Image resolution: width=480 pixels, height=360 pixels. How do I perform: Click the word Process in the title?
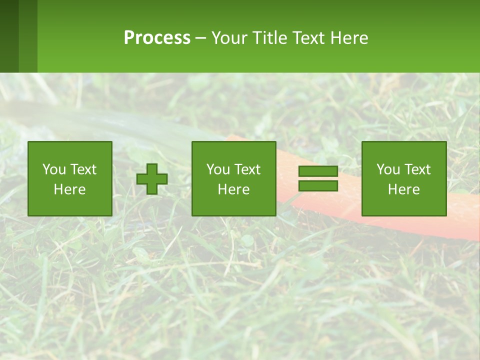[x=157, y=37]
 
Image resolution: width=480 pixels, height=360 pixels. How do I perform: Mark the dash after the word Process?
[x=200, y=38]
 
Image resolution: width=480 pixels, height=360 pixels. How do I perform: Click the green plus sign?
[x=152, y=179]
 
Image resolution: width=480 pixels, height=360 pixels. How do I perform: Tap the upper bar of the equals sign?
[x=318, y=171]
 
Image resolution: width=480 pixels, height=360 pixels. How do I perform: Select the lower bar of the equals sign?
[x=318, y=186]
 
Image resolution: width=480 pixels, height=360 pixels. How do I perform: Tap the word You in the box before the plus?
[x=53, y=169]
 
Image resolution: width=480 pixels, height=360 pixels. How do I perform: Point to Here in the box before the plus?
[x=69, y=189]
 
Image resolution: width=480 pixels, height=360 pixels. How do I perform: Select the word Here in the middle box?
[x=233, y=189]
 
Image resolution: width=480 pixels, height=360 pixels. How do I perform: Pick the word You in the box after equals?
[x=388, y=169]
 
